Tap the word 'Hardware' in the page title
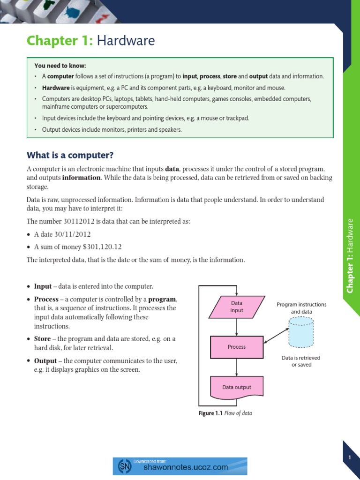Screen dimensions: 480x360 pyautogui.click(x=125, y=41)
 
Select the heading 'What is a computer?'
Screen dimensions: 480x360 pyautogui.click(x=70, y=155)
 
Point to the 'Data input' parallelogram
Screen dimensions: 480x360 pyautogui.click(x=237, y=307)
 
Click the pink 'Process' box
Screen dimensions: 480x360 pyautogui.click(x=237, y=347)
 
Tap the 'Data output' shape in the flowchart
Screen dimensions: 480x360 pyautogui.click(x=237, y=387)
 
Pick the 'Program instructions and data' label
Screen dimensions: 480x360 pyautogui.click(x=301, y=308)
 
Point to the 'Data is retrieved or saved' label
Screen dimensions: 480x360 pyautogui.click(x=301, y=361)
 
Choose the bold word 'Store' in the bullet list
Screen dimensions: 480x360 pyautogui.click(x=42, y=338)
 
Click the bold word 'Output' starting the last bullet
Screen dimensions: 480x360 pyautogui.click(x=45, y=361)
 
